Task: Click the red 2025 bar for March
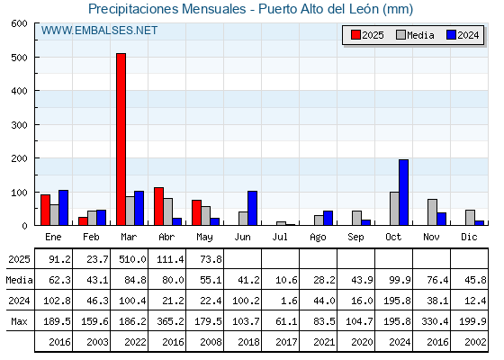click(121, 139)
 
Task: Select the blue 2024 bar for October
click(404, 193)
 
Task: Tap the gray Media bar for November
click(432, 212)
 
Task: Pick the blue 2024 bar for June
click(252, 208)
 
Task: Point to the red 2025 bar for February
click(83, 221)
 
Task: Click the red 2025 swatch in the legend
click(355, 35)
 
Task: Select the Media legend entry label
click(420, 35)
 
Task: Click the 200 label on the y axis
click(19, 158)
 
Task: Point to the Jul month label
click(280, 237)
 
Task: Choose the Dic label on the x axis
click(469, 237)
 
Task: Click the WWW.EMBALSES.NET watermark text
click(99, 31)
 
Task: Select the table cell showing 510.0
click(132, 259)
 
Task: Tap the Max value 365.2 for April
click(170, 321)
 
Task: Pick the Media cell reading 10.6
click(286, 280)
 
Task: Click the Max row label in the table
click(19, 321)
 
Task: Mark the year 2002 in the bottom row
click(475, 342)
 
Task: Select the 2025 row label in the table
click(19, 259)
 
